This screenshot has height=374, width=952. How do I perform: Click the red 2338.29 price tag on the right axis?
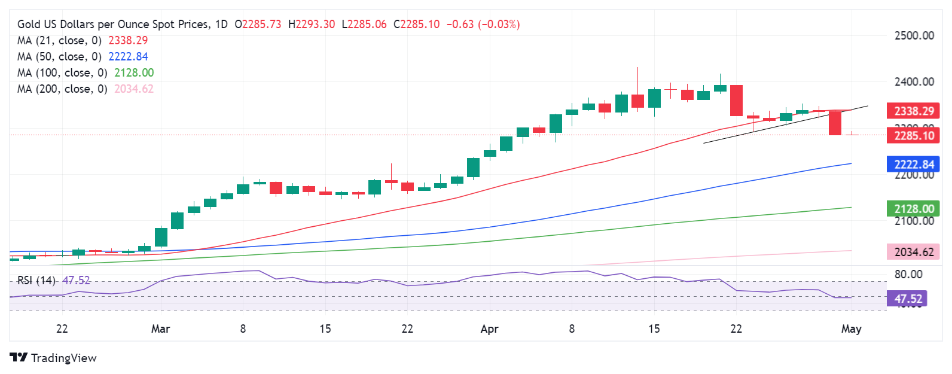point(913,111)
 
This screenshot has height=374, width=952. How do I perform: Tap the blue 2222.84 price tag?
point(913,164)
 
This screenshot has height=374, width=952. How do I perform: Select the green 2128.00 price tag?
point(913,208)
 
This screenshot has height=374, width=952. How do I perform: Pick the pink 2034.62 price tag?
point(913,252)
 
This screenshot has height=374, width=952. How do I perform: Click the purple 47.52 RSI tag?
point(907,299)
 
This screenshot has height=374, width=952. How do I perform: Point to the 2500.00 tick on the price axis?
point(914,35)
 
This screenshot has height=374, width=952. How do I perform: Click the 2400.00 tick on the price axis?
point(914,81)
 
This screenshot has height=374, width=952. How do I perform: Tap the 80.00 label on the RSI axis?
point(908,274)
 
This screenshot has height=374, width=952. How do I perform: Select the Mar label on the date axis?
point(160,329)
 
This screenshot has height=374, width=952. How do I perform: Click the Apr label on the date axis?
point(489,329)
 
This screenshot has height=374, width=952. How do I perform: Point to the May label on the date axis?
point(851,329)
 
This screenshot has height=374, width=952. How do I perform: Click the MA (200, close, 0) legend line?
point(85,89)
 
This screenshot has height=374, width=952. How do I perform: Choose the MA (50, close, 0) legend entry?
point(83,56)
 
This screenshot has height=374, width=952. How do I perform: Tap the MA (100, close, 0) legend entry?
point(85,72)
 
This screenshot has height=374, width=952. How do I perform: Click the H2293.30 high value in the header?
point(312,25)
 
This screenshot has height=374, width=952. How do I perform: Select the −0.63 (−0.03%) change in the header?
point(483,25)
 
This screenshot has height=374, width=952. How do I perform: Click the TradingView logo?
point(53,358)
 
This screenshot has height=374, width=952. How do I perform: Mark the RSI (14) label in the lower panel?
point(36,280)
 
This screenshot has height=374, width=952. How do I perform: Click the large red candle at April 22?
point(736,101)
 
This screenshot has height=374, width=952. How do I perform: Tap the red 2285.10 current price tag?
point(913,135)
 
